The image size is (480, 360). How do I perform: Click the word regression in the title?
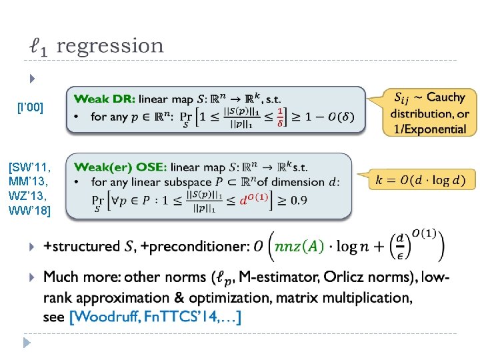(110, 46)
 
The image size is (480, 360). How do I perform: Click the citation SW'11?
(30, 163)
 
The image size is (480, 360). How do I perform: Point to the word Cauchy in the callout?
(445, 97)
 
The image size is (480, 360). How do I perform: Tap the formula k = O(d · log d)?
(421, 179)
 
